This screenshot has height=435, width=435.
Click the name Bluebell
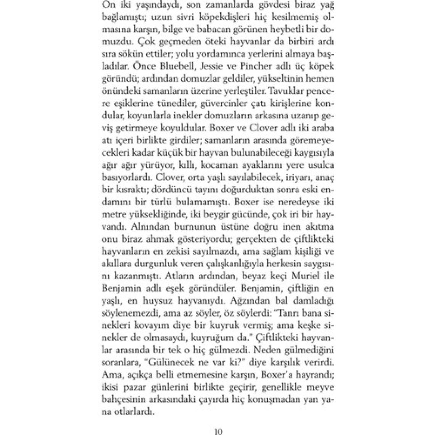pos(169,66)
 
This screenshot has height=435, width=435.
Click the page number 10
pos(218,432)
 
